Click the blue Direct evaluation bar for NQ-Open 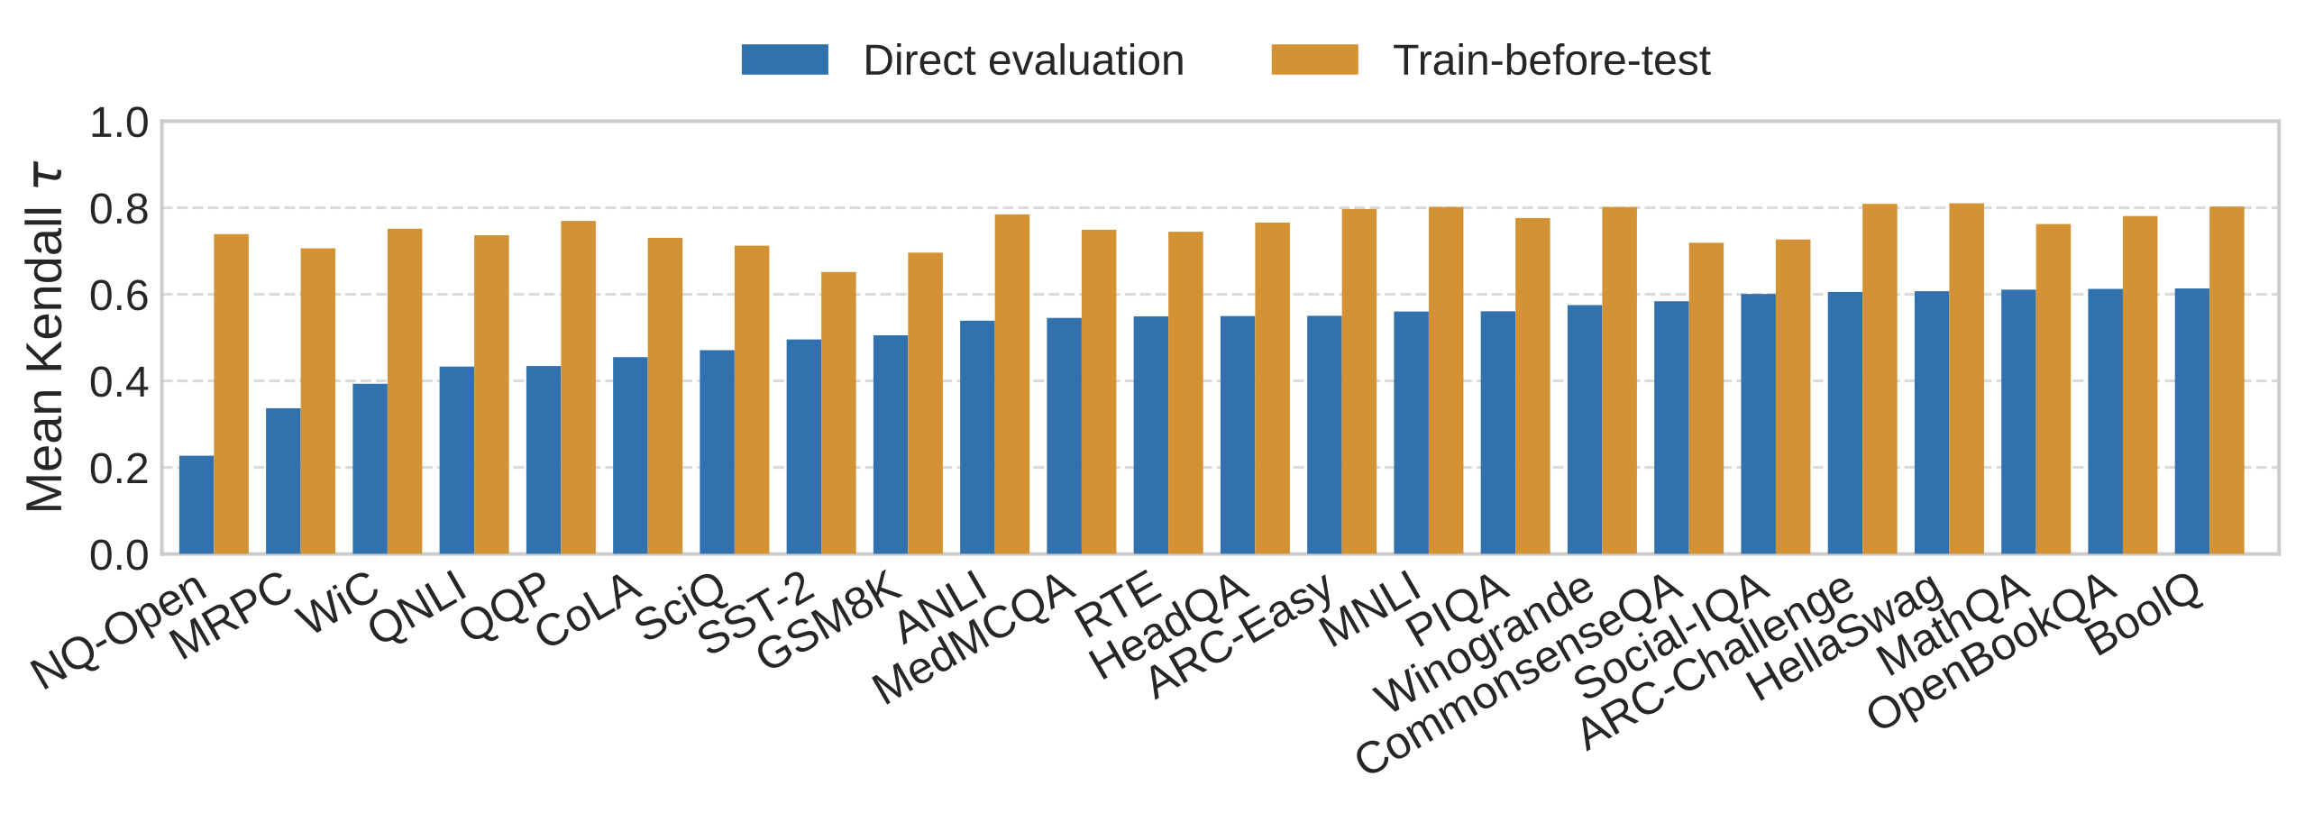coord(197,505)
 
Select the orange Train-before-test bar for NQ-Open coord(232,395)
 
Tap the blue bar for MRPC coord(283,481)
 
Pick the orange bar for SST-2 coord(838,413)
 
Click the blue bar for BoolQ coord(2191,421)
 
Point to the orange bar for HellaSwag coord(1966,379)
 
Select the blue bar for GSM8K coord(891,444)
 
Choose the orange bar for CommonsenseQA coord(1706,398)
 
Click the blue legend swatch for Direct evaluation coord(784,59)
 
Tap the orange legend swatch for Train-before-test coord(1314,59)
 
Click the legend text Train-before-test coord(1550,60)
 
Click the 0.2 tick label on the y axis coord(119,469)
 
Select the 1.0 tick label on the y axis coord(119,123)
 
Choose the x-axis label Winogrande coord(1483,642)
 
